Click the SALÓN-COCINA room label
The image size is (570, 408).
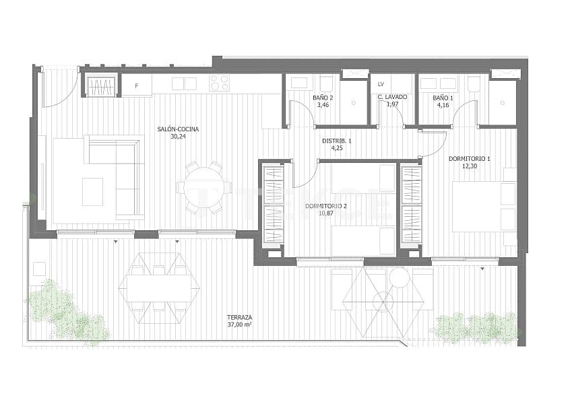(178, 129)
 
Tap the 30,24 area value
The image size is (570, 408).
(178, 136)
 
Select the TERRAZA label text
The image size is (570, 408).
(239, 317)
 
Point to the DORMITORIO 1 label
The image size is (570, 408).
(469, 159)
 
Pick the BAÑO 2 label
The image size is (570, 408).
(322, 98)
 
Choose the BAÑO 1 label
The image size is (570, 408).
(443, 98)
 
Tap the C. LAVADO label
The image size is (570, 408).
(392, 98)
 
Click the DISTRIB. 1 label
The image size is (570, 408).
(336, 141)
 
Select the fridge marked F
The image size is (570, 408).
(137, 86)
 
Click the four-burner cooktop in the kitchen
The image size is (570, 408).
(220, 83)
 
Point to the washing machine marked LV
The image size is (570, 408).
(381, 84)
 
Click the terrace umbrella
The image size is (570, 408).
(383, 300)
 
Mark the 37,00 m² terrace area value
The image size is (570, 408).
(239, 325)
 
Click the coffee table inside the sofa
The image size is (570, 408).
(92, 191)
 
